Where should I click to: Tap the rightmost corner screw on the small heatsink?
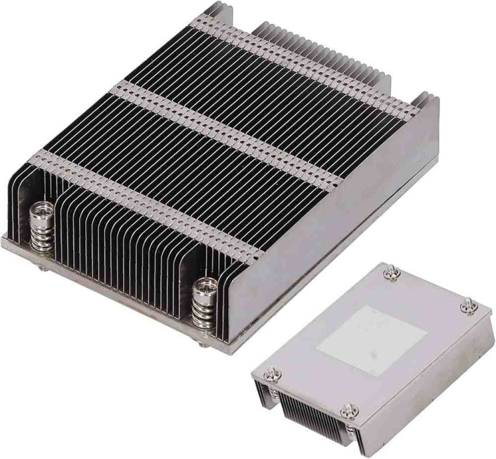[469, 304]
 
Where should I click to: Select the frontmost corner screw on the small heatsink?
[348, 413]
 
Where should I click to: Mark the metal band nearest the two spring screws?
[152, 198]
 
